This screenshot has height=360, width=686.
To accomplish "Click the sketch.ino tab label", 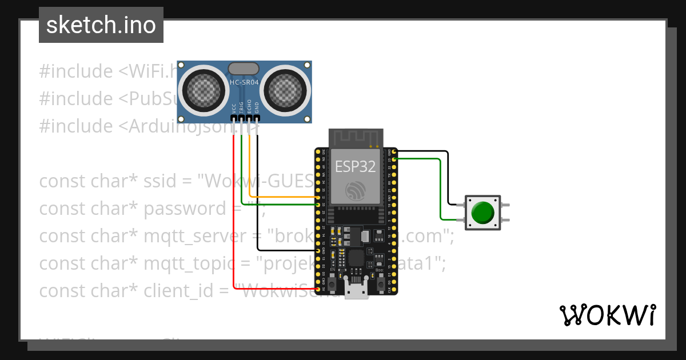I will point(101,25).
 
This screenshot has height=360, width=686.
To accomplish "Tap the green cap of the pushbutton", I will point(483,213).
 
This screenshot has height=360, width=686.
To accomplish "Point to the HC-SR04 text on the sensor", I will point(244,82).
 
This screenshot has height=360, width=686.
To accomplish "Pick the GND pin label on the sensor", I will point(257,107).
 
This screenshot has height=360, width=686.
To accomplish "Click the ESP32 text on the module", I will point(355,167).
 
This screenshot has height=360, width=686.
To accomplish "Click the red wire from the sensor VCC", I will point(233,217).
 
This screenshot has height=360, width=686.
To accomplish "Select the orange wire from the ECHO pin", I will point(280,197).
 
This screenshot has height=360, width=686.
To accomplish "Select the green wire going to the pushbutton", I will point(440,189).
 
